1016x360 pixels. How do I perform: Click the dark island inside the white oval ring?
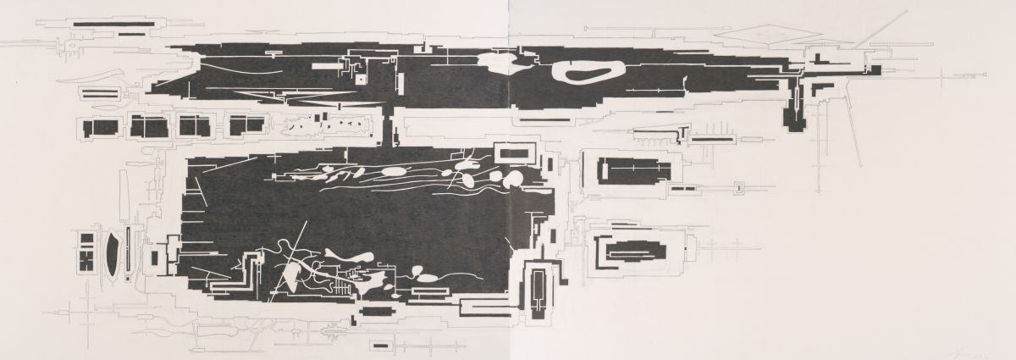591,73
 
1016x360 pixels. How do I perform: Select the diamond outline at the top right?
767,32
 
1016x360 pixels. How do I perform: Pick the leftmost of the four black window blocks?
102,128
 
